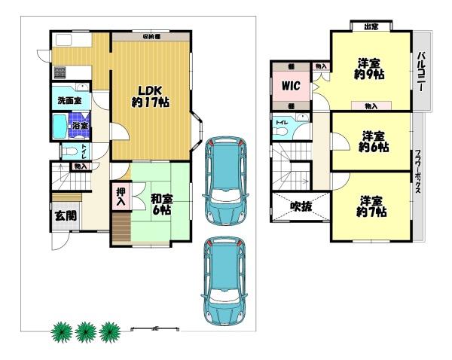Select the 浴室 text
pos(80,126)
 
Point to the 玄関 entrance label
pos(64,215)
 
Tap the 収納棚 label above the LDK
pos(151,36)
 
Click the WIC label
pos(292,86)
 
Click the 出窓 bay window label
pos(371,28)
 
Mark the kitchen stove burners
pos(59,72)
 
